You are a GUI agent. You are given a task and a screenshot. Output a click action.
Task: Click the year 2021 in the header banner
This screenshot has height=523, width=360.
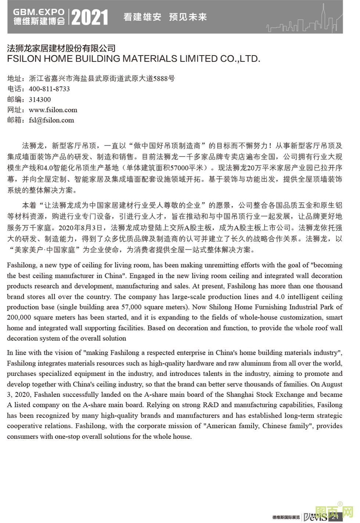point(90,17)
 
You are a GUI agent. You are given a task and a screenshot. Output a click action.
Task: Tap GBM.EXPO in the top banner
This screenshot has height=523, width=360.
point(39,12)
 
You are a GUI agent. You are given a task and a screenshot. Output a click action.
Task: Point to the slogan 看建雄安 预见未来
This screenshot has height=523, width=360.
point(165,17)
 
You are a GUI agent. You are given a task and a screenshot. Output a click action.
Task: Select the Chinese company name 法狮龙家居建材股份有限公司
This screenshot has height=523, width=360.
point(61,48)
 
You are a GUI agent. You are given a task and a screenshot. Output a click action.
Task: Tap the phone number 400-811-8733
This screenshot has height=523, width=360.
point(49,89)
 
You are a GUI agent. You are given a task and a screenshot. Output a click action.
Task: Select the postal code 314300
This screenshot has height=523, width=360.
point(40,100)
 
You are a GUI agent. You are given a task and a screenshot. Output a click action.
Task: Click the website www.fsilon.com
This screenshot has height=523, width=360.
point(53,110)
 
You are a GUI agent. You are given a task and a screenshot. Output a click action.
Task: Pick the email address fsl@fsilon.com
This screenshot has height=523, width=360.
point(51,120)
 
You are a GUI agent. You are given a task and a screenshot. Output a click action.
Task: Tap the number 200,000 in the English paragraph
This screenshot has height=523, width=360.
point(20,317)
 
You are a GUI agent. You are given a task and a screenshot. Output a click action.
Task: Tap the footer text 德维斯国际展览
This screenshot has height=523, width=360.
point(286,517)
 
